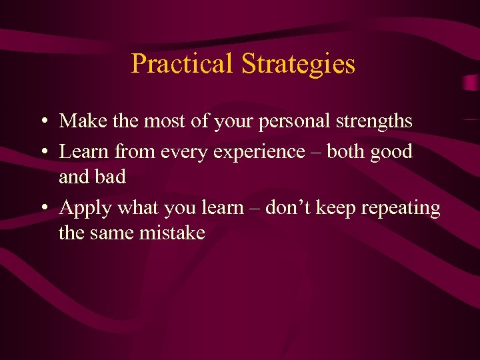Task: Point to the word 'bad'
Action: [110, 177]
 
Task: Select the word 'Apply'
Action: [86, 209]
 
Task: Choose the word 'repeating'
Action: [401, 209]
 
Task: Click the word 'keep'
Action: [336, 209]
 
